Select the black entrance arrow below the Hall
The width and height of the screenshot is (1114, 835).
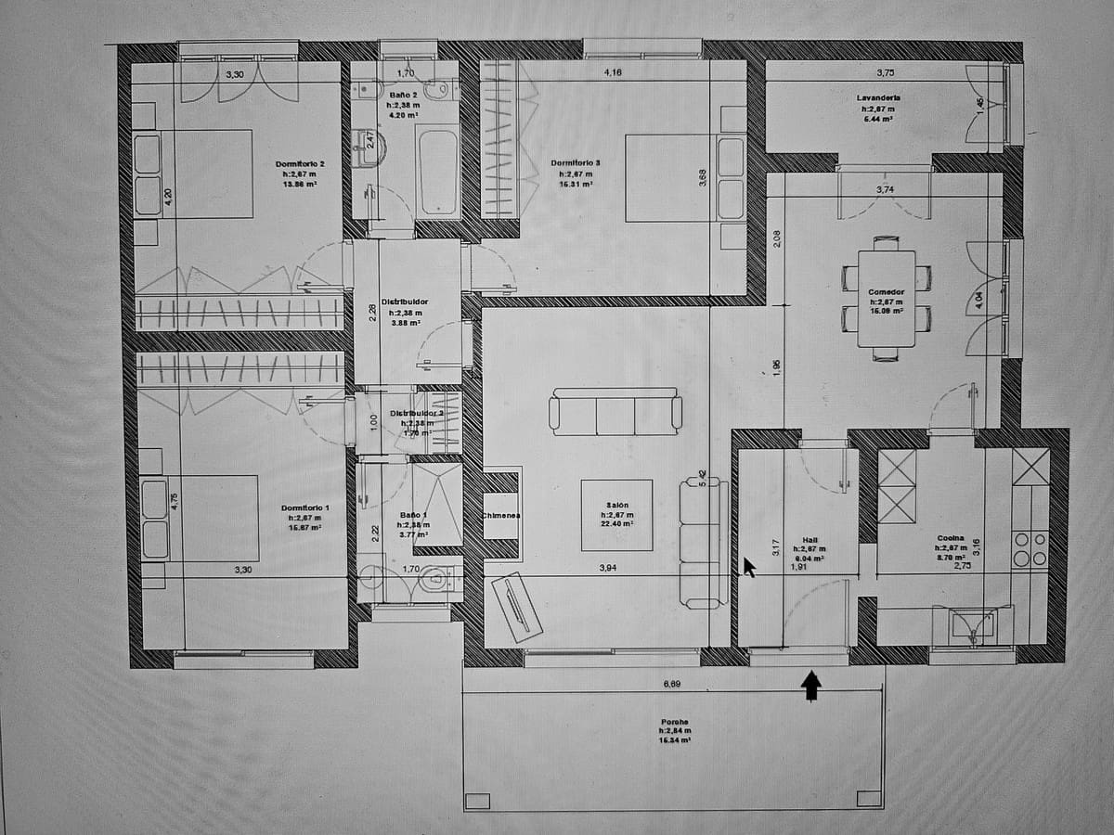click(811, 686)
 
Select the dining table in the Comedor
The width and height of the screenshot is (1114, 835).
click(886, 299)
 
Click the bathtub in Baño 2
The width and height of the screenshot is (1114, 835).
click(437, 173)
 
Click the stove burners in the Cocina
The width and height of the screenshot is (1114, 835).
click(1030, 548)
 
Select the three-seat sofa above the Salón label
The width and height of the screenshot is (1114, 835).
click(615, 412)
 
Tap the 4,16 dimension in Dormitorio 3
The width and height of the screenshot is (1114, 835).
click(613, 72)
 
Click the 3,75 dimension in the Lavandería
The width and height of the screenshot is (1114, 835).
click(885, 72)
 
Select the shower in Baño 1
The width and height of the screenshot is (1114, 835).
click(437, 506)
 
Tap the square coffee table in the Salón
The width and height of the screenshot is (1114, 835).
click(616, 516)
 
